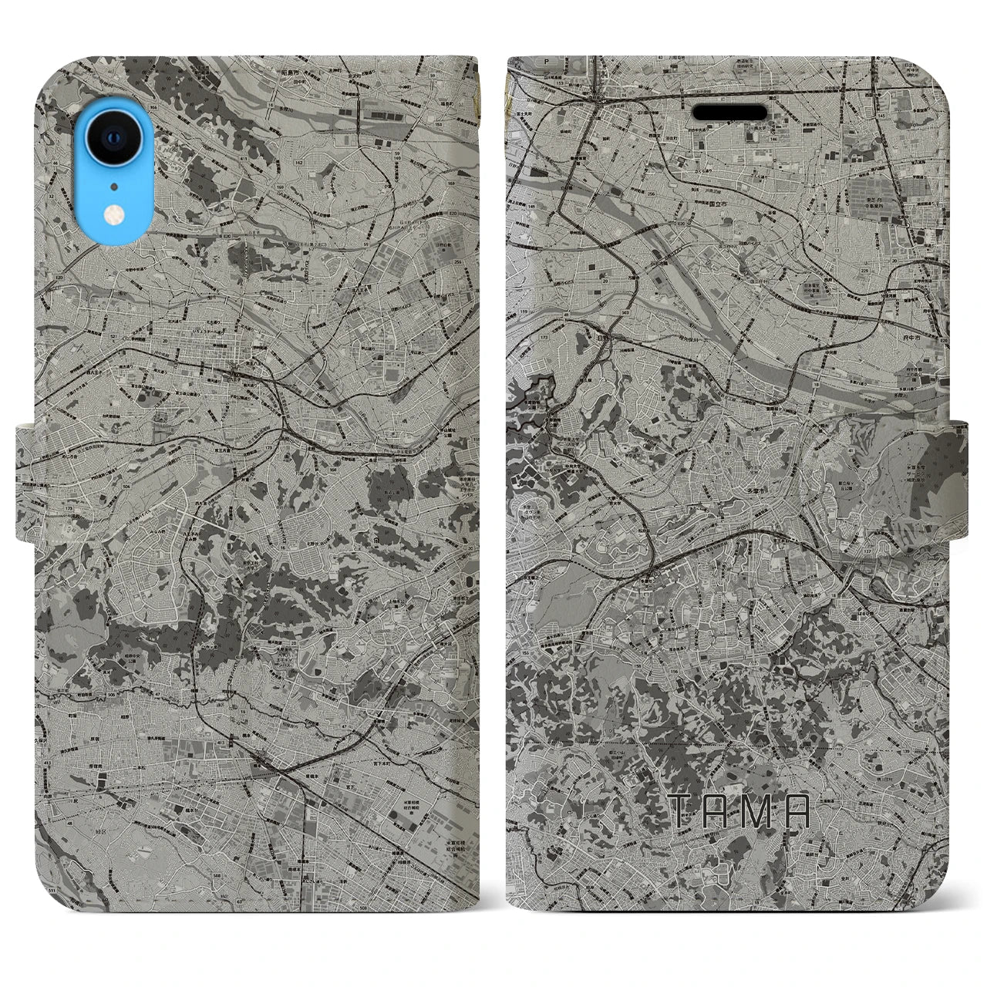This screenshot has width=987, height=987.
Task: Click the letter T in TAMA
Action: click(684, 810)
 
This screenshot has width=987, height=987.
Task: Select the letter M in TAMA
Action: click(760, 810)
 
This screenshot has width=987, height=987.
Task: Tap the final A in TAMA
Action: click(799, 810)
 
